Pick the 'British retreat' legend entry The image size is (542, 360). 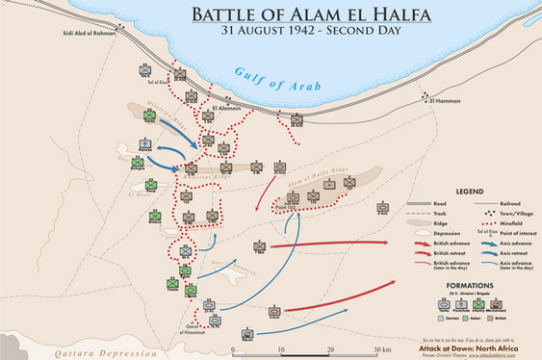pos(450,254)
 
